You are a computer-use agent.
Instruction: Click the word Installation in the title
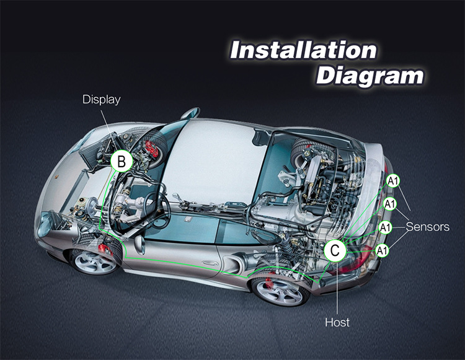pos(303,50)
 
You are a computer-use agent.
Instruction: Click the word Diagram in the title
pos(370,76)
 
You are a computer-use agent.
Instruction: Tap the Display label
pos(101,99)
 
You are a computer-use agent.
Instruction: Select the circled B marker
pos(122,162)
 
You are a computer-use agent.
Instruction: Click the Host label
pos(337,322)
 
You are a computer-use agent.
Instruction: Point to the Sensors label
pos(428,227)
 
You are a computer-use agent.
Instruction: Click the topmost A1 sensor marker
pos(393,181)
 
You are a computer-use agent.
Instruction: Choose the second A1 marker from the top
pos(389,204)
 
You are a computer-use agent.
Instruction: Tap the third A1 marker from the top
pos(386,227)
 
